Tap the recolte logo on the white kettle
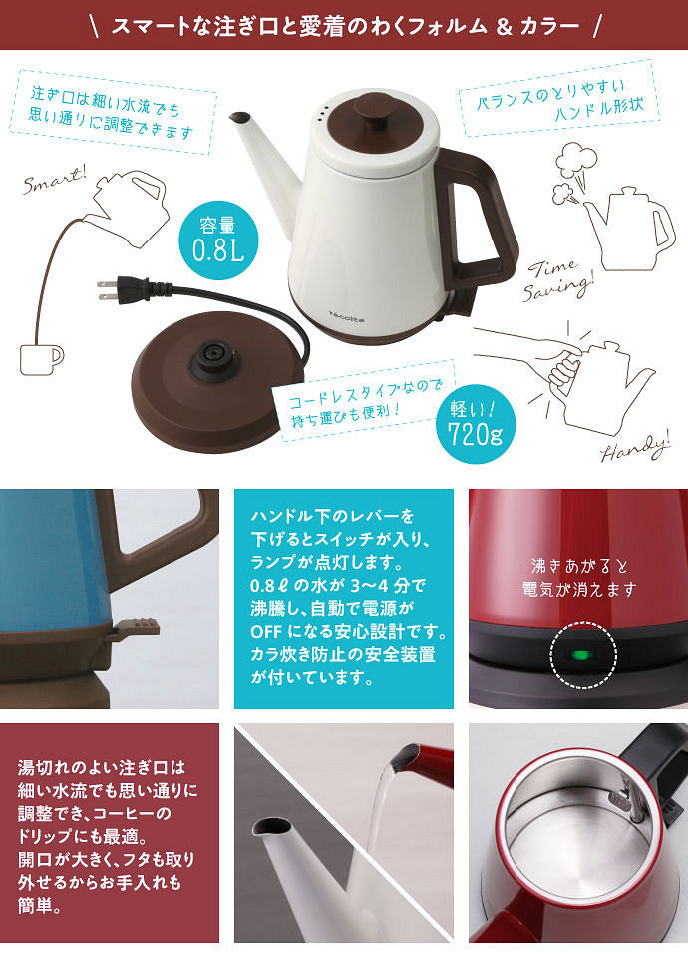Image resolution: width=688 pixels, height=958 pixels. (x=346, y=316)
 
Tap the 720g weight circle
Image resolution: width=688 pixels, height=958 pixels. (x=476, y=424)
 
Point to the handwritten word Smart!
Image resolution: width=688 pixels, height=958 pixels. (x=54, y=180)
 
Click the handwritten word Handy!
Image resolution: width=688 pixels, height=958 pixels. (x=635, y=448)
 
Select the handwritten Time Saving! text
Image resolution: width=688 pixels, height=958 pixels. (x=557, y=279)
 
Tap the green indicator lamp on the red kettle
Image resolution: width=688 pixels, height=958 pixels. (x=581, y=656)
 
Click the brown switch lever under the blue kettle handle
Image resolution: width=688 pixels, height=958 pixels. (x=137, y=627)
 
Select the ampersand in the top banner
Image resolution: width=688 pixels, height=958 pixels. (x=504, y=26)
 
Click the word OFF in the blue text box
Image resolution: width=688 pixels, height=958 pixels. (x=263, y=631)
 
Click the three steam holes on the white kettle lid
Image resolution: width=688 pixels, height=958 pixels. (x=323, y=111)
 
